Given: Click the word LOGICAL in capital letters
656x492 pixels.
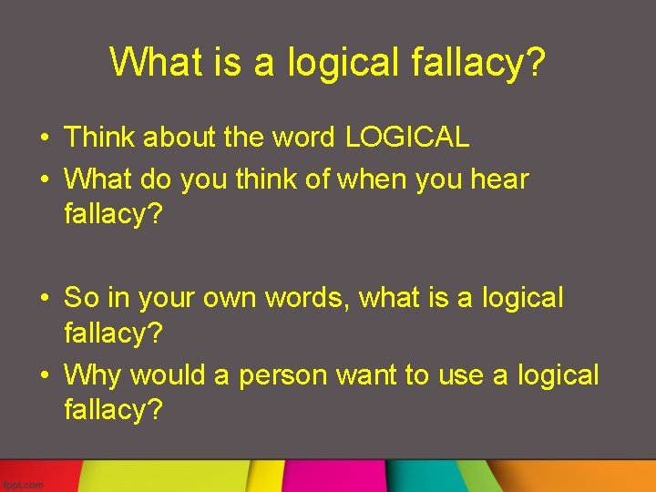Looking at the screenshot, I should (x=407, y=138).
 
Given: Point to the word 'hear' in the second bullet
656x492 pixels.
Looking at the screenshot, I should (x=499, y=179).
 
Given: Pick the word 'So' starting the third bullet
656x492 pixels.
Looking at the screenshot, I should (x=82, y=298).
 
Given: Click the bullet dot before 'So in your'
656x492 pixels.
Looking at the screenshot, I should (x=44, y=299).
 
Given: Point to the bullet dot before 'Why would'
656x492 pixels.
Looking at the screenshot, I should (x=44, y=376).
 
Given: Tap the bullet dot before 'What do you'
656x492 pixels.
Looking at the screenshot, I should (x=44, y=179).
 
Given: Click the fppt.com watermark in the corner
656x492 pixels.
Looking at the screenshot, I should (x=24, y=485).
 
